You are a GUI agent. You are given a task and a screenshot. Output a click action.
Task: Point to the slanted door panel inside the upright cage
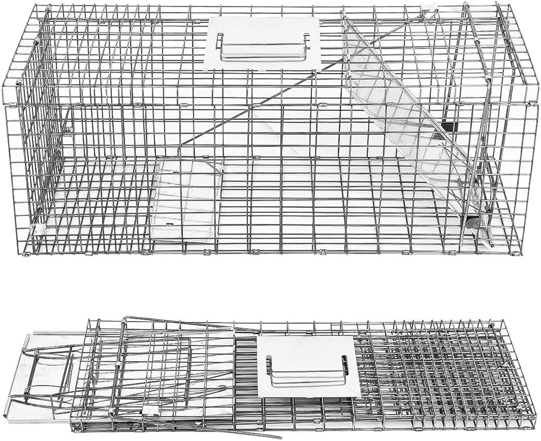pos(406,127)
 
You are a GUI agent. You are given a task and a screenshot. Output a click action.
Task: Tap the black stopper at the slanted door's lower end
pos(471,223)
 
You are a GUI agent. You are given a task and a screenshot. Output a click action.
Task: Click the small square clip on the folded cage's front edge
pos(149,409)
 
